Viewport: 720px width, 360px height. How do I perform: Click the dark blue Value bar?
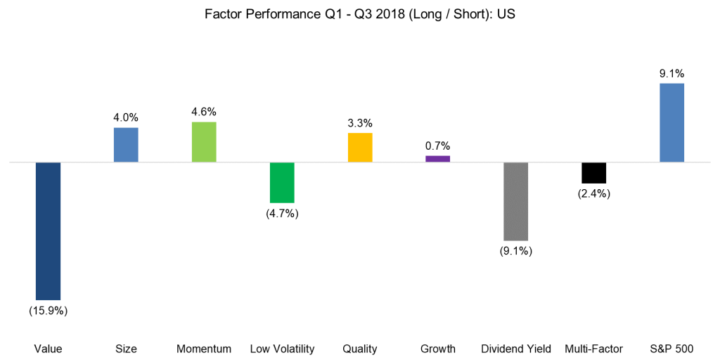48,231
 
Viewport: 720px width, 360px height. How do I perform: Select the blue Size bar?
126,145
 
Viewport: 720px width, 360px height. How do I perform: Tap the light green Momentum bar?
204,142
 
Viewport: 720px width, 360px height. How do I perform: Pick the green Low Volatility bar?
282,182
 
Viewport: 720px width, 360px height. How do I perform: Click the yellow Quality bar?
360,147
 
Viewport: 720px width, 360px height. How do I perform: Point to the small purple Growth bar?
437,159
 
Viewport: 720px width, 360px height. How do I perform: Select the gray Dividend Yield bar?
515,201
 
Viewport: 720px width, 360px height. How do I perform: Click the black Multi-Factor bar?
593,172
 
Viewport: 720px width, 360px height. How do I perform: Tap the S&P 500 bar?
671,122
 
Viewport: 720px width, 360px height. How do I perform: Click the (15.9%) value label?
48,310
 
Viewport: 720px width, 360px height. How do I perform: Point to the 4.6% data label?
204,111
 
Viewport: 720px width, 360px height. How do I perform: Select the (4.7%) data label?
282,214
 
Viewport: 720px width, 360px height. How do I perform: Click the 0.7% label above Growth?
437,145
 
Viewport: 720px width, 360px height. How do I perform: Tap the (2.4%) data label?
593,193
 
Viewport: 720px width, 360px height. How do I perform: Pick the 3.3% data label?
360,122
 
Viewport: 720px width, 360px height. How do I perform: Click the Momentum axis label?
204,349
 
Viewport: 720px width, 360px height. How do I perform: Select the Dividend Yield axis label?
515,349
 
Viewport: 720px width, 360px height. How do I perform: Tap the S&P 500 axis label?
671,349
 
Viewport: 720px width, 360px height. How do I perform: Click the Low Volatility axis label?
282,349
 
